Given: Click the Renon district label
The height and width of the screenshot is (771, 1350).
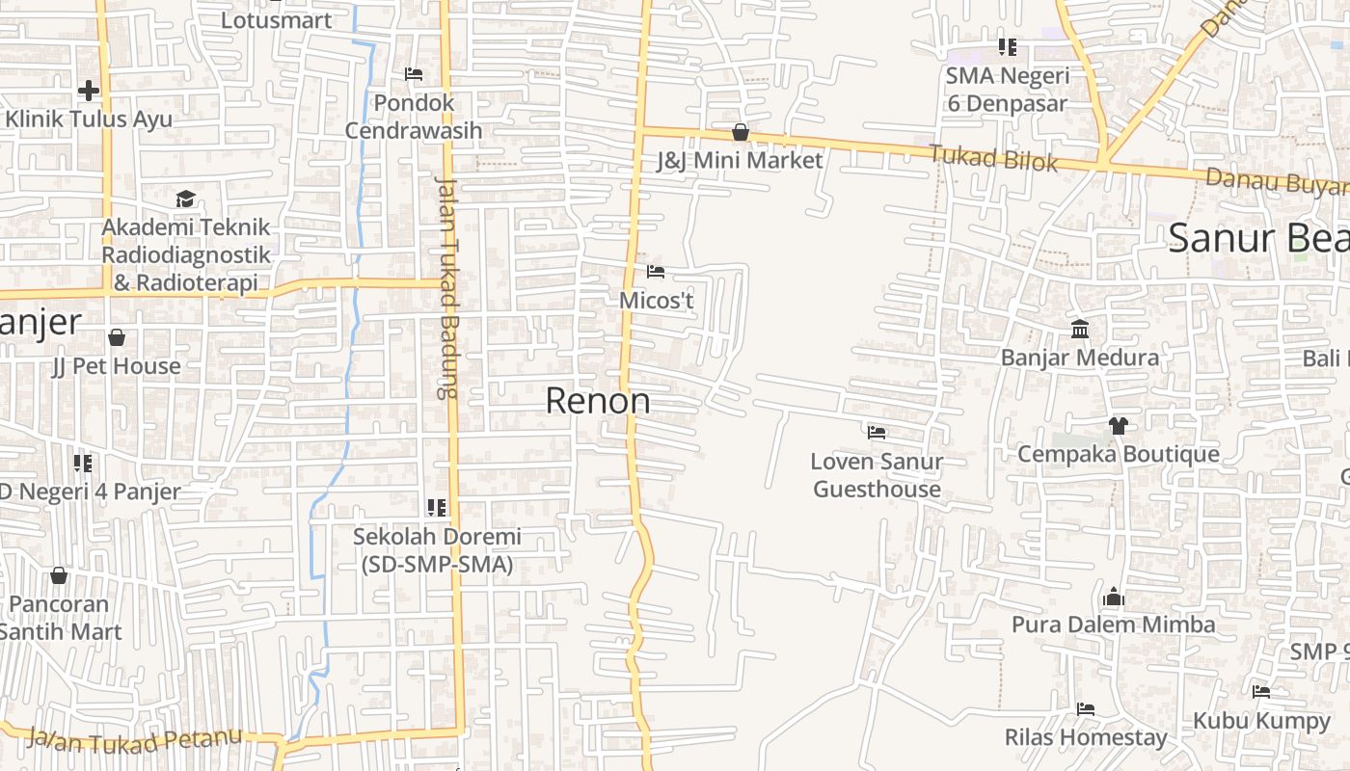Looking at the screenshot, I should tap(597, 401).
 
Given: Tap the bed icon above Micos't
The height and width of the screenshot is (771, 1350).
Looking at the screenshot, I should tap(656, 272).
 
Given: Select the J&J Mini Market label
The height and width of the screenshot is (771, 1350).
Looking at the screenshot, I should tap(740, 160).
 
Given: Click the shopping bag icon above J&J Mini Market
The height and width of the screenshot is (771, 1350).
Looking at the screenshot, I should tap(740, 132).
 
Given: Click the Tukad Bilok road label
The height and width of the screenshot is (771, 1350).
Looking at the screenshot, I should tap(993, 158).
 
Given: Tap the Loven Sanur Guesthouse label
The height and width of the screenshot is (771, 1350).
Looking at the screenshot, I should tap(877, 475).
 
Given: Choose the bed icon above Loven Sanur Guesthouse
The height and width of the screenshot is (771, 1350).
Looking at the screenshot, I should tap(877, 433).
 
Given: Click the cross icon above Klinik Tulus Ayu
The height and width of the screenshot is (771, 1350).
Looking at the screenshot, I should tap(89, 91).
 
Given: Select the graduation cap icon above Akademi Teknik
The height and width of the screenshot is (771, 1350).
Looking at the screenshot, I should tap(185, 199).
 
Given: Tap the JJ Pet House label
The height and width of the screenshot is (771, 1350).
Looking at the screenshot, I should tap(117, 366).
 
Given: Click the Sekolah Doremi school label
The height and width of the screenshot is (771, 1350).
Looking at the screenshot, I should tap(437, 550).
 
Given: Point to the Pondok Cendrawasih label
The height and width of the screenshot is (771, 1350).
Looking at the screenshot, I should tap(414, 116).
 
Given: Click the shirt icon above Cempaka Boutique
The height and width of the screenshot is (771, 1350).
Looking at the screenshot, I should tap(1118, 425).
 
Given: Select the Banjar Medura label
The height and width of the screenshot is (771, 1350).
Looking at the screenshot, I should tap(1080, 358).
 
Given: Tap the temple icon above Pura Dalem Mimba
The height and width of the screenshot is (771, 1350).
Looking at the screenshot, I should tap(1114, 598).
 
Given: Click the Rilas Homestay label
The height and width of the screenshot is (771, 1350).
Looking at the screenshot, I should tap(1086, 737).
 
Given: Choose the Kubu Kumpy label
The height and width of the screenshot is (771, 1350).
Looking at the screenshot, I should tap(1261, 720).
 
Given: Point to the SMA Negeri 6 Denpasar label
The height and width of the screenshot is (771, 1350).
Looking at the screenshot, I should tap(1008, 89).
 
